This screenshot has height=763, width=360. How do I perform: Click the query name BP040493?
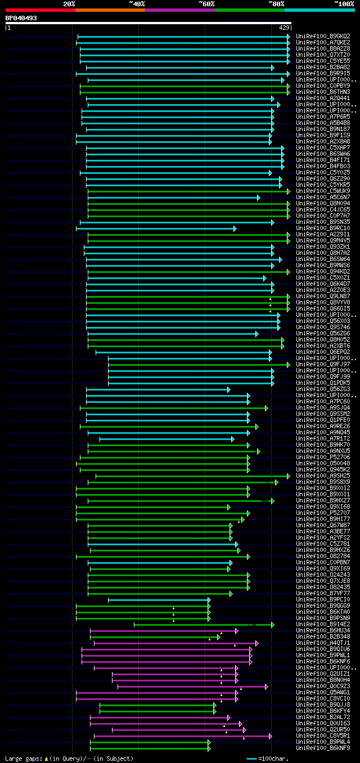pyautogui.click(x=21, y=18)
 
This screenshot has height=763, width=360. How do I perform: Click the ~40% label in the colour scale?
pyautogui.click(x=137, y=4)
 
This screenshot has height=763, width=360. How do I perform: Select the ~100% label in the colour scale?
pyautogui.click(x=344, y=4)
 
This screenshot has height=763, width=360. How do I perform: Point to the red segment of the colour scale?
pyautogui.click(x=40, y=10)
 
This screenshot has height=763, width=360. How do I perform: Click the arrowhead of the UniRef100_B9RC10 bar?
pyautogui.click(x=235, y=228)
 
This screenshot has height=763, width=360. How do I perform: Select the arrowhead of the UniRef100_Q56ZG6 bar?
pyautogui.click(x=257, y=334)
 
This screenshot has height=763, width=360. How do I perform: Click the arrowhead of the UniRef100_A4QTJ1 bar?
pyautogui.click(x=257, y=643)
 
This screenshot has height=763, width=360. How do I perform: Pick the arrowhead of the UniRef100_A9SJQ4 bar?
pyautogui.click(x=267, y=408)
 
